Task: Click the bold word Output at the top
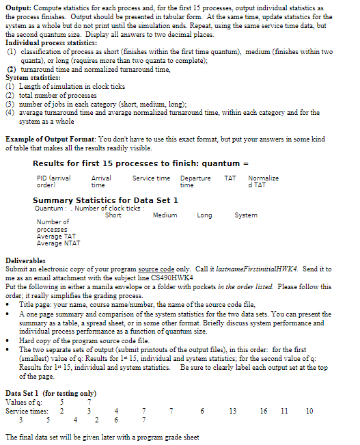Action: (17, 6)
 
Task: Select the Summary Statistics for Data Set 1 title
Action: (105, 200)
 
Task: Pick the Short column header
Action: (113, 215)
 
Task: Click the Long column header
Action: (204, 215)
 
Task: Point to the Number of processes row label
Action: (53, 226)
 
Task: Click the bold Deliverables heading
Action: (26, 261)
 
